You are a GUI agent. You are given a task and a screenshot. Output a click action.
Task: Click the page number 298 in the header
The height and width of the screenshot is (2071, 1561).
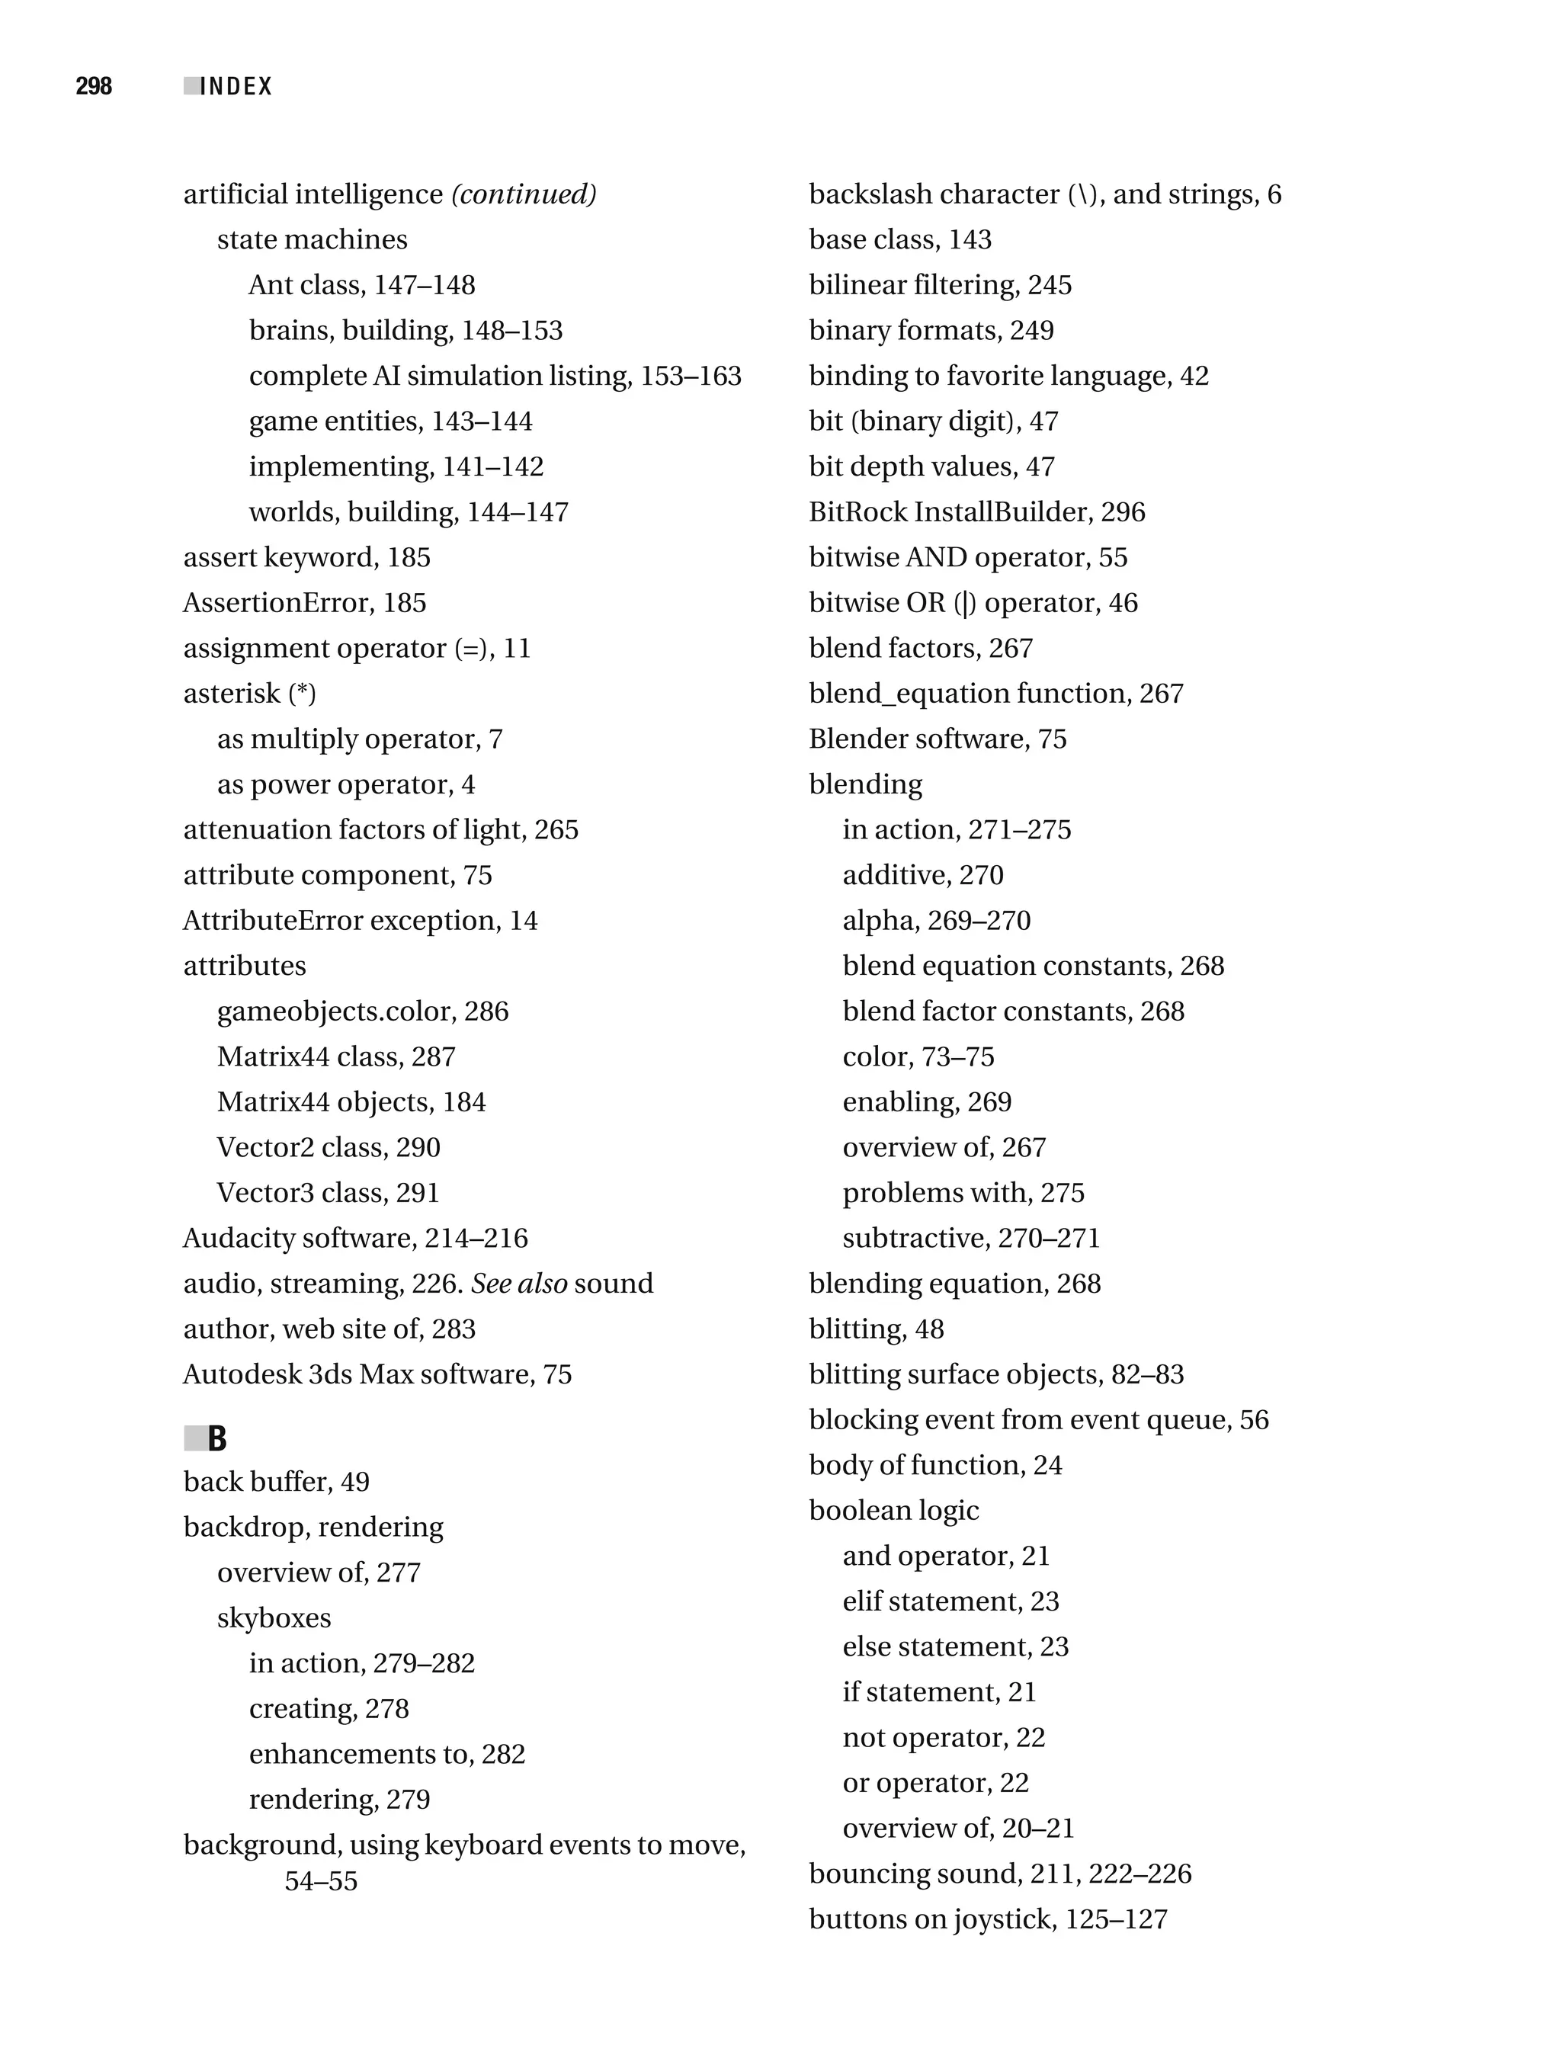coord(94,86)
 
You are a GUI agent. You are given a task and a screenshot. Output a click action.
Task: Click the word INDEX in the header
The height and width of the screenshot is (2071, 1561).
coord(236,87)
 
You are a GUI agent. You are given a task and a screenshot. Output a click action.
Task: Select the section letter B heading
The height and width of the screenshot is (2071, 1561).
coord(217,1439)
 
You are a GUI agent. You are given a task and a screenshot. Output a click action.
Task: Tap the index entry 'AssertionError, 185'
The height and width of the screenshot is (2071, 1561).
coord(304,603)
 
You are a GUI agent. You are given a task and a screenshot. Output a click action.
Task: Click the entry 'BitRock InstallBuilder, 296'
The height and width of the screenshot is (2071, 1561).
coord(976,512)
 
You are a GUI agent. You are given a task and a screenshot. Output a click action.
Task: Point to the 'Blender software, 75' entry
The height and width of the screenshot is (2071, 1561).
coord(938,739)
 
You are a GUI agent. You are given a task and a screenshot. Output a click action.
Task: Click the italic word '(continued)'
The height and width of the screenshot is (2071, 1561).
coord(524,194)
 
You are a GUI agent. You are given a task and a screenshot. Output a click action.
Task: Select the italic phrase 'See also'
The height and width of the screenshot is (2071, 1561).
coord(519,1284)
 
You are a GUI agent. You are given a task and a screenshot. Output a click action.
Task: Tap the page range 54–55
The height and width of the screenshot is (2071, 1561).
coord(321,1882)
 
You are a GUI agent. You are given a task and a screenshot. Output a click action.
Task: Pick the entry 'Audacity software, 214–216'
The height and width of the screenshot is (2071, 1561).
coord(355,1239)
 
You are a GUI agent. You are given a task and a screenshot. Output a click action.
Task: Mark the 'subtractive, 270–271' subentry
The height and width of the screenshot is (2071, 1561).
coord(971,1239)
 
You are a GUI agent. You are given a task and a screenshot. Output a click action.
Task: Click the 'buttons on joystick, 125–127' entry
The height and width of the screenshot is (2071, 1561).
coord(988,1920)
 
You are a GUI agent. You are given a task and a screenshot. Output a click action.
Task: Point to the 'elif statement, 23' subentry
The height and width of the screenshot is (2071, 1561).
coord(950,1602)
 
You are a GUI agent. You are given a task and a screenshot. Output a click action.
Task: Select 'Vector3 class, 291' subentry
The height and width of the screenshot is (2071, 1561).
coord(328,1194)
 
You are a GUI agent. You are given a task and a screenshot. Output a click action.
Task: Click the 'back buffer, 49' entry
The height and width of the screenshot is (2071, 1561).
coord(276,1482)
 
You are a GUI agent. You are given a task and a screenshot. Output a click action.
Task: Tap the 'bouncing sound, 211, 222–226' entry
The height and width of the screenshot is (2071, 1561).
coord(1000,1874)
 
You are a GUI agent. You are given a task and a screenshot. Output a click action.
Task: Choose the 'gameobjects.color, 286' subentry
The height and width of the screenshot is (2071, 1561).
coord(362,1012)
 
